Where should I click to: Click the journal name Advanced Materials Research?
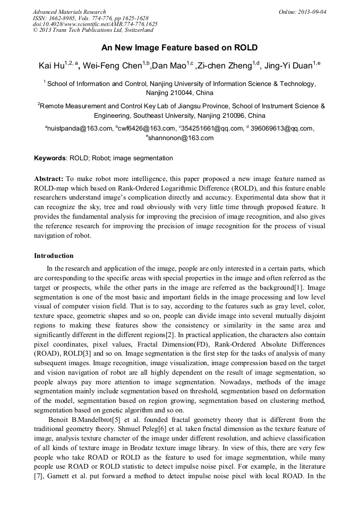(69, 12)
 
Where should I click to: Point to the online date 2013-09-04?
(314, 12)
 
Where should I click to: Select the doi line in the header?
(95, 24)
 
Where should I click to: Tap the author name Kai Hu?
(51, 66)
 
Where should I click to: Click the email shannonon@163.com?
(181, 138)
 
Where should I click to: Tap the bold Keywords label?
(50, 158)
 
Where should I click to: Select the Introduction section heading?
(54, 256)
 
